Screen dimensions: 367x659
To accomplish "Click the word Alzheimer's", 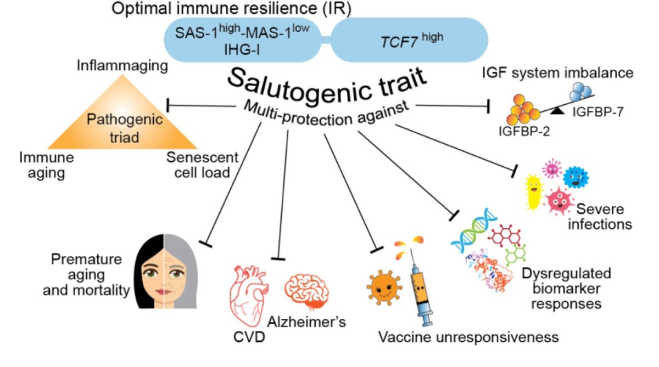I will (307, 322).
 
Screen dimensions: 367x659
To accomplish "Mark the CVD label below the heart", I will (247, 335).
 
